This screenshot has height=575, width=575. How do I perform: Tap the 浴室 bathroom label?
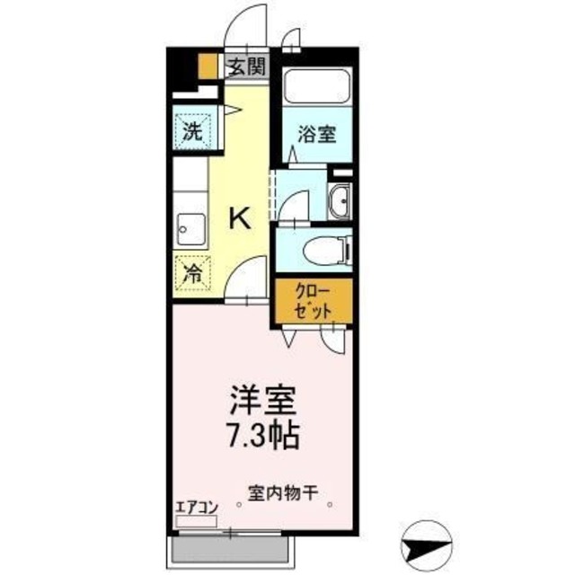(x=318, y=135)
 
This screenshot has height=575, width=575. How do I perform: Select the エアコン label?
(x=196, y=506)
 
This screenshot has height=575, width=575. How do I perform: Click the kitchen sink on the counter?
(x=191, y=229)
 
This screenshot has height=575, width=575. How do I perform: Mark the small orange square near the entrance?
(x=208, y=66)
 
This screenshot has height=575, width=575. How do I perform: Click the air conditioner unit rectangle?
(x=195, y=520)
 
